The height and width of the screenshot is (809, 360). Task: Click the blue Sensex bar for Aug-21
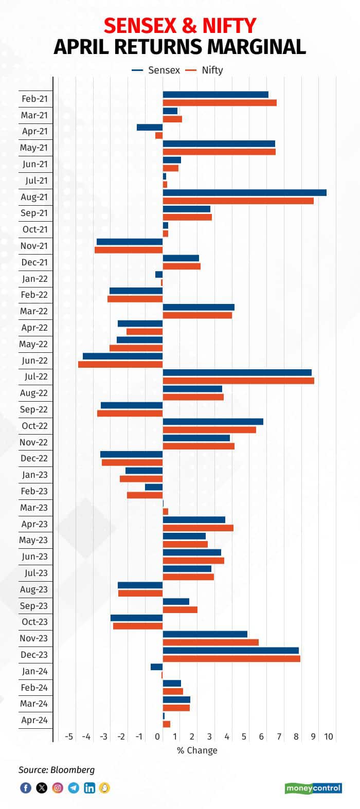click(244, 192)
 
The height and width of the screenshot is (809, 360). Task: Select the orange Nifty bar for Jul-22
click(238, 381)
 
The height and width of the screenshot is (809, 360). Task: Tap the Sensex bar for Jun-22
click(122, 356)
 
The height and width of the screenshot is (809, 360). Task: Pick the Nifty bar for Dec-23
click(231, 658)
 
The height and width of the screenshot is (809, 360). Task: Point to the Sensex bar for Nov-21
click(130, 242)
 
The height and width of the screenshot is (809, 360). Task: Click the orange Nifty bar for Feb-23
click(145, 495)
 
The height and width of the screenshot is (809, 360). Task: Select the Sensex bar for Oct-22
click(213, 422)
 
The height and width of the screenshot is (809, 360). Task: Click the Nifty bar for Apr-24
click(166, 724)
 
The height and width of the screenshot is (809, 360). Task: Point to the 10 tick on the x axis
click(328, 736)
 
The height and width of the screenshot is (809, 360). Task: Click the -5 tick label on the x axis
click(69, 736)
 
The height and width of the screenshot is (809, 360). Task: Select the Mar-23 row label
click(34, 508)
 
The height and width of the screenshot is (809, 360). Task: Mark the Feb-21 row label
click(34, 99)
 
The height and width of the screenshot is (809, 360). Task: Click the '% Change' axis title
click(197, 750)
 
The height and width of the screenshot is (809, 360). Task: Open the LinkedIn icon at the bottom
click(89, 788)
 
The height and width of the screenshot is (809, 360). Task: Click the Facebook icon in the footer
click(25, 788)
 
